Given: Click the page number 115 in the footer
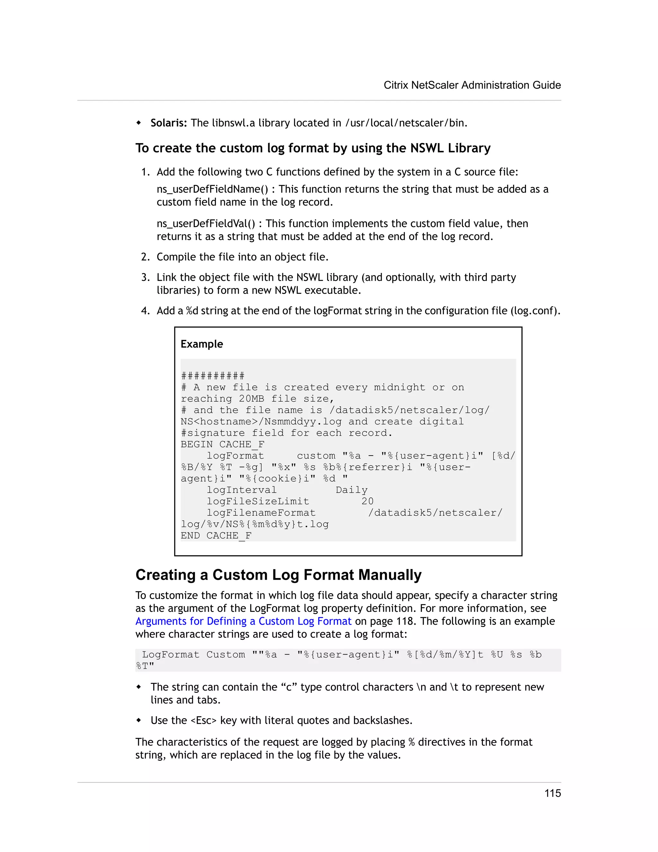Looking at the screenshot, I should point(552,793).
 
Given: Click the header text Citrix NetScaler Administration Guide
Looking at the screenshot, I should point(472,85).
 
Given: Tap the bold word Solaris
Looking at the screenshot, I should point(168,123).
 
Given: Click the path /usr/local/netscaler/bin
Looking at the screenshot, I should point(406,123).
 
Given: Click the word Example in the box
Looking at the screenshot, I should point(201,344).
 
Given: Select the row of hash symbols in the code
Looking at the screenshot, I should point(212,376).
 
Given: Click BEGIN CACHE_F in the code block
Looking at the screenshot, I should point(222,444).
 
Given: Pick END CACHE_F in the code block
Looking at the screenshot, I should point(216,536).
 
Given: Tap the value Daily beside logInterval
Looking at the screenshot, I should point(351,490).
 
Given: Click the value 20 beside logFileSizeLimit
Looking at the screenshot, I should point(367,501).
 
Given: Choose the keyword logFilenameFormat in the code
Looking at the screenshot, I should point(261,512).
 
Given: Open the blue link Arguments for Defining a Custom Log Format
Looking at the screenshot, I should point(243,621).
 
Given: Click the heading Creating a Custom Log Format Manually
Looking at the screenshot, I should point(278,575).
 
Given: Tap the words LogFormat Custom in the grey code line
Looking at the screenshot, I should point(193,655).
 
